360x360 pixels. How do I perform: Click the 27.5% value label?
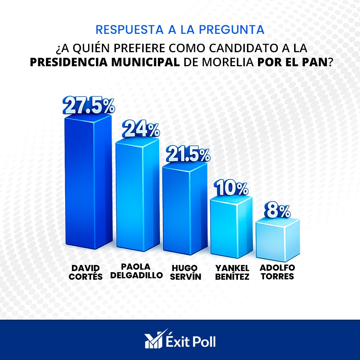[x=89, y=105]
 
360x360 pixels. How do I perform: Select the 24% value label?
[x=141, y=130]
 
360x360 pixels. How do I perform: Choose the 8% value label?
[x=278, y=211]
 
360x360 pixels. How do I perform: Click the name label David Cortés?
[x=87, y=272]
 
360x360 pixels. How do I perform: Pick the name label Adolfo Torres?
[x=277, y=272]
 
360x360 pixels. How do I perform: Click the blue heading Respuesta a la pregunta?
[x=180, y=30]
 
